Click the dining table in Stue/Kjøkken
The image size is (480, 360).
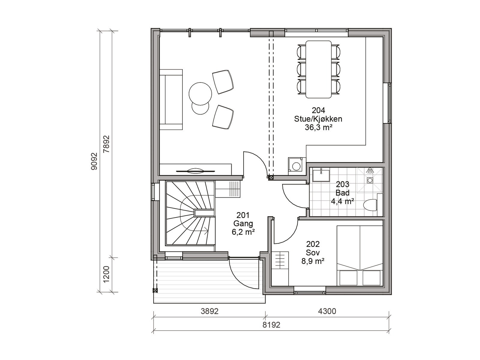click(x=318, y=69)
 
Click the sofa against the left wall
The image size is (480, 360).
click(x=171, y=100)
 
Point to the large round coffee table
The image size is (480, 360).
click(x=200, y=93)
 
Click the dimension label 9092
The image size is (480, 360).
click(x=94, y=161)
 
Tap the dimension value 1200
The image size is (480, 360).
click(x=106, y=274)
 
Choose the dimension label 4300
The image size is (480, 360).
click(x=327, y=311)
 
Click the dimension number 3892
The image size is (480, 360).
click(x=209, y=311)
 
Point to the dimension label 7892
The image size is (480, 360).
click(x=106, y=144)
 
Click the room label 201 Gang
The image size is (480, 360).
click(x=243, y=220)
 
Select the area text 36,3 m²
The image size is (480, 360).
click(x=318, y=127)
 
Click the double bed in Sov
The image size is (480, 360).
click(x=360, y=256)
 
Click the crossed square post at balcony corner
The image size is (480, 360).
click(x=155, y=290)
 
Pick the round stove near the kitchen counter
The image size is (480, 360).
click(x=296, y=166)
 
